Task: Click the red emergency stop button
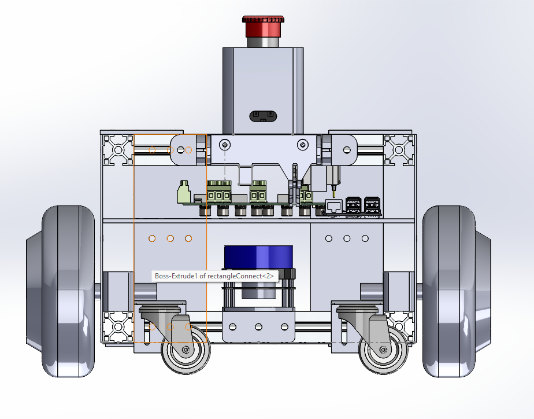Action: click(263, 27)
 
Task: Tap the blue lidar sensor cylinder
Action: click(258, 257)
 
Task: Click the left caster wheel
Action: click(186, 350)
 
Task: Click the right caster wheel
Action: click(383, 350)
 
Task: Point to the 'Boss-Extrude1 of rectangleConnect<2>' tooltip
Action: click(214, 276)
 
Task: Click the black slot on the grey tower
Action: click(263, 116)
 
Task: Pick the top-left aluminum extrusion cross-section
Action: click(118, 150)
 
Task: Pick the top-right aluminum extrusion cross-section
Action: click(399, 150)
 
